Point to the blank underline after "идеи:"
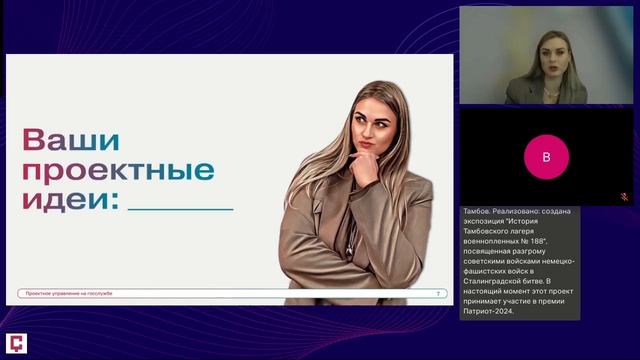[x=181, y=207]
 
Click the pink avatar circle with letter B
[x=546, y=156]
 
